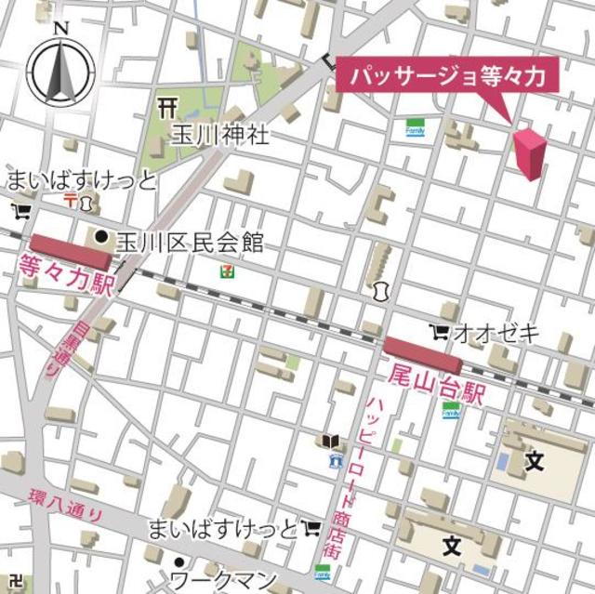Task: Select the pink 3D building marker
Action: (x=531, y=153)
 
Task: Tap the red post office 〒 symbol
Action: (x=69, y=201)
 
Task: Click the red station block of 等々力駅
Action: (x=70, y=251)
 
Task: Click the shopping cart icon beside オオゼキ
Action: (x=438, y=331)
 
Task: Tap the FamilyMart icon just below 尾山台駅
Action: (x=451, y=410)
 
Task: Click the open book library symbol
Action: (x=330, y=441)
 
